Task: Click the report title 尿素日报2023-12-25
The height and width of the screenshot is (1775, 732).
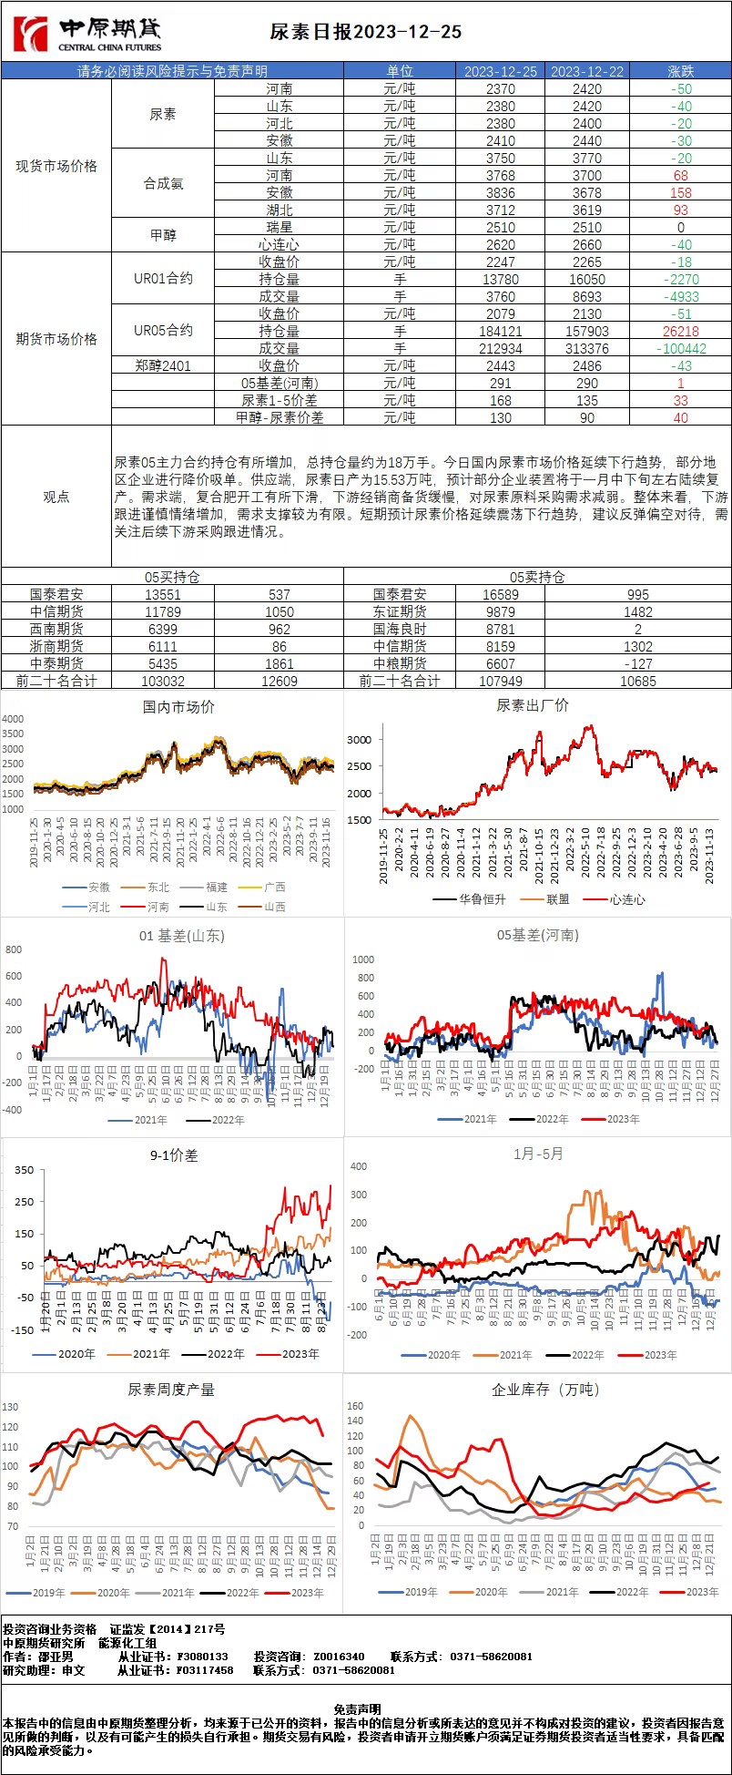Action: [x=366, y=33]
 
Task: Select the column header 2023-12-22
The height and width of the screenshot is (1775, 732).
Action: [x=587, y=71]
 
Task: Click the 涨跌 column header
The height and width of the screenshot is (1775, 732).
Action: [x=680, y=71]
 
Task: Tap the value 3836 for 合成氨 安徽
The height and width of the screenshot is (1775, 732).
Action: [x=500, y=192]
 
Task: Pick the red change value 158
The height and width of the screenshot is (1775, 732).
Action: [x=681, y=192]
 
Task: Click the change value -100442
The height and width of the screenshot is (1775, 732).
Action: [x=681, y=348]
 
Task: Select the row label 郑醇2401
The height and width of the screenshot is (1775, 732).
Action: [x=163, y=365]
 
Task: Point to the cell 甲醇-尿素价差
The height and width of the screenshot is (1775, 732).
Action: [x=280, y=417]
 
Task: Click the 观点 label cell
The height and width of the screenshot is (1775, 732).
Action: [x=56, y=497]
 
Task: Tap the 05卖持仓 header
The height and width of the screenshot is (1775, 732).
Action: [x=537, y=577]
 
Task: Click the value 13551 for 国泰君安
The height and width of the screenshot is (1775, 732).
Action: [x=163, y=594]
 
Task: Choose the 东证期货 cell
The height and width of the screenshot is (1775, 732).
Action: [x=400, y=611]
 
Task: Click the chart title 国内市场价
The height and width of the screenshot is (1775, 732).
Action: [x=178, y=706]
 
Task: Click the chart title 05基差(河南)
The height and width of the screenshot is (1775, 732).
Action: [x=538, y=935]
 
